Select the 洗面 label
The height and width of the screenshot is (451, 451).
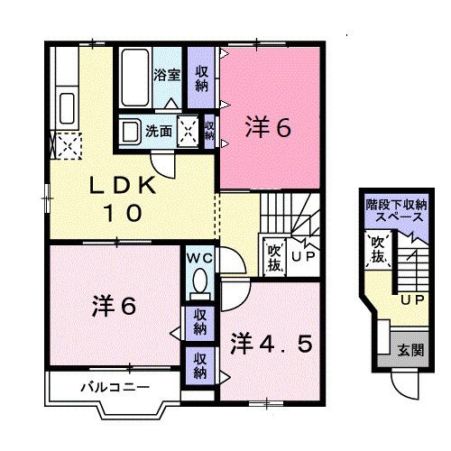point(161,131)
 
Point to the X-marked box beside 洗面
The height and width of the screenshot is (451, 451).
point(189,131)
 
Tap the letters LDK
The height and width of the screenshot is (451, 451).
point(124,188)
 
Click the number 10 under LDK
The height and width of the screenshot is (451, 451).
point(124,214)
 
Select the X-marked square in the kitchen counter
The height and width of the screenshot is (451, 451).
point(67,143)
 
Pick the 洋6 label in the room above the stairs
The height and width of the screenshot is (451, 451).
point(268,129)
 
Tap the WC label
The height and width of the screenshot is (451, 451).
point(199,257)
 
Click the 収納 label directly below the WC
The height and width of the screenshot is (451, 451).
point(199,321)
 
